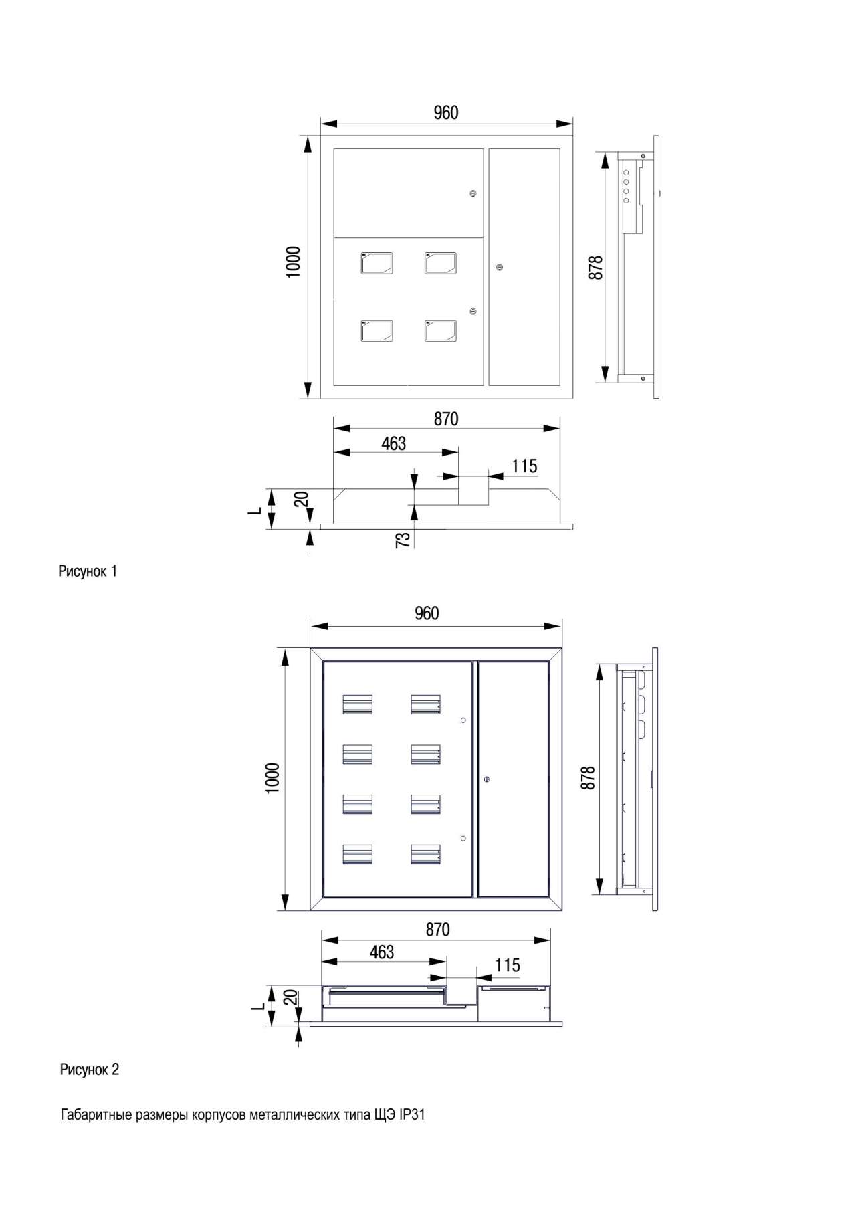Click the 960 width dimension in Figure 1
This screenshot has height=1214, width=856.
[446, 112]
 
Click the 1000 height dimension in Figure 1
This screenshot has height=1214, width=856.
[293, 262]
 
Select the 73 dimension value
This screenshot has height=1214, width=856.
[403, 540]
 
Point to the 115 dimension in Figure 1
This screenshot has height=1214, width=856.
[524, 466]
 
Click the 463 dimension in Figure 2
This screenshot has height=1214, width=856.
[382, 952]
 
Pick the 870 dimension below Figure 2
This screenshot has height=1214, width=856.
[437, 929]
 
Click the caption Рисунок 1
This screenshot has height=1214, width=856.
[88, 571]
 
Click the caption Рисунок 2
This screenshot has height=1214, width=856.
[90, 1069]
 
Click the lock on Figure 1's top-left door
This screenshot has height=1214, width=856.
[473, 194]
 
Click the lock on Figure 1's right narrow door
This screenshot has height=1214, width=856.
[500, 268]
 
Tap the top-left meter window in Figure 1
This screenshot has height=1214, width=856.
[377, 263]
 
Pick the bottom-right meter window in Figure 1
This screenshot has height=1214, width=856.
[441, 330]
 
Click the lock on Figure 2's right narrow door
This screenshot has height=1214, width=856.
[486, 779]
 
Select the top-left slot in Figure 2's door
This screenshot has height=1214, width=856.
[357, 704]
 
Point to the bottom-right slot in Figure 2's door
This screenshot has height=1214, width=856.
[425, 855]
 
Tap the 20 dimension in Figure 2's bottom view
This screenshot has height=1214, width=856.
[290, 997]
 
